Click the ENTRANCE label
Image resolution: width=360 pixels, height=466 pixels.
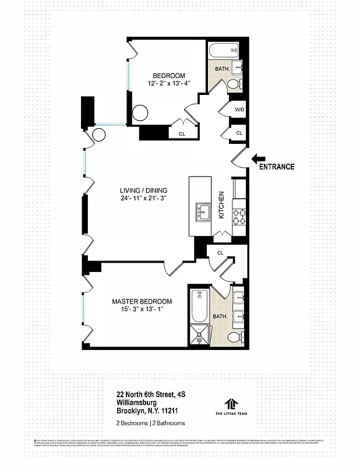277,167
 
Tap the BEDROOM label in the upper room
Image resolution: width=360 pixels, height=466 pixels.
169,76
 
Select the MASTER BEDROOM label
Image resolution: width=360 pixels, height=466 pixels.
142,302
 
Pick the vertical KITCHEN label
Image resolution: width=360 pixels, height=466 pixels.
221,205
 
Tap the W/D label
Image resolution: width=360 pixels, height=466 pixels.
239,110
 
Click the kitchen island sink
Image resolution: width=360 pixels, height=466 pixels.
203,210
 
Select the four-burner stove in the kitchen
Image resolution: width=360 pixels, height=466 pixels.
240,217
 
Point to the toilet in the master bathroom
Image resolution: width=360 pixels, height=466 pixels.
235,337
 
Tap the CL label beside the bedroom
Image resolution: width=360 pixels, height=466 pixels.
181,133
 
